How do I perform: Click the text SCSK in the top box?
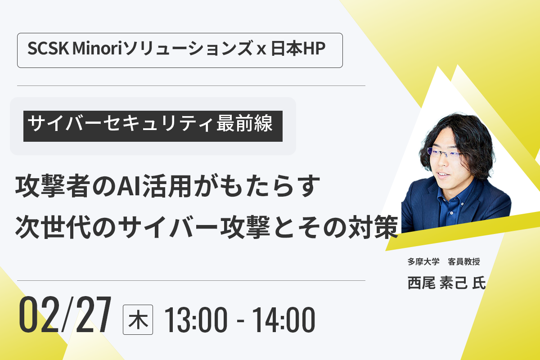tap(48, 49)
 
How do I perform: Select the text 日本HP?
tap(298, 49)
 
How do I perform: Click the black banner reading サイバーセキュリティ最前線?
tap(153, 126)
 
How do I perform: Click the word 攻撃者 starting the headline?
tap(52, 186)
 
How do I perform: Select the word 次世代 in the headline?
tap(52, 227)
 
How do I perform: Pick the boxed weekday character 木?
tap(138, 320)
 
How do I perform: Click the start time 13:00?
tap(196, 320)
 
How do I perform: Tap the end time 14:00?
tap(283, 320)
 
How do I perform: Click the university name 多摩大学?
tap(423, 261)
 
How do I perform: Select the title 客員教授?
tap(464, 261)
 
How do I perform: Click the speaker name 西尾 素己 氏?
tap(446, 283)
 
